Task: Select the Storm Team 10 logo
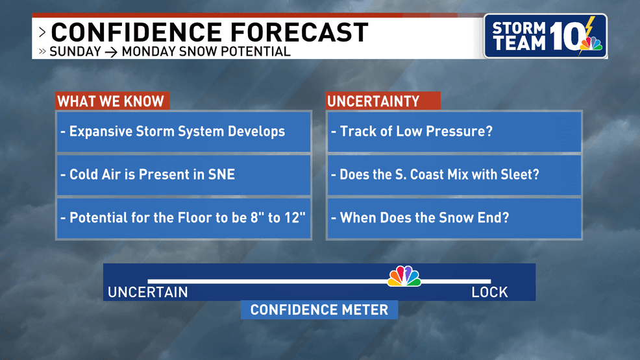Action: tap(545, 36)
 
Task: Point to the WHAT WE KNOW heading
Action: tap(111, 101)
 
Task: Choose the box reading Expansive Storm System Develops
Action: tap(184, 132)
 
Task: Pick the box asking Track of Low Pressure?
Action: tap(454, 132)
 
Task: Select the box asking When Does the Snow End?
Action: tap(454, 218)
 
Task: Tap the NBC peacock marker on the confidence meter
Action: tap(404, 277)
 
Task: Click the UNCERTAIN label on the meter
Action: tap(148, 293)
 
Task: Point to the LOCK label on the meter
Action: tap(489, 293)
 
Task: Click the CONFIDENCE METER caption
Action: tap(319, 309)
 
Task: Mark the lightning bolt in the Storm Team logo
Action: tap(589, 29)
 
